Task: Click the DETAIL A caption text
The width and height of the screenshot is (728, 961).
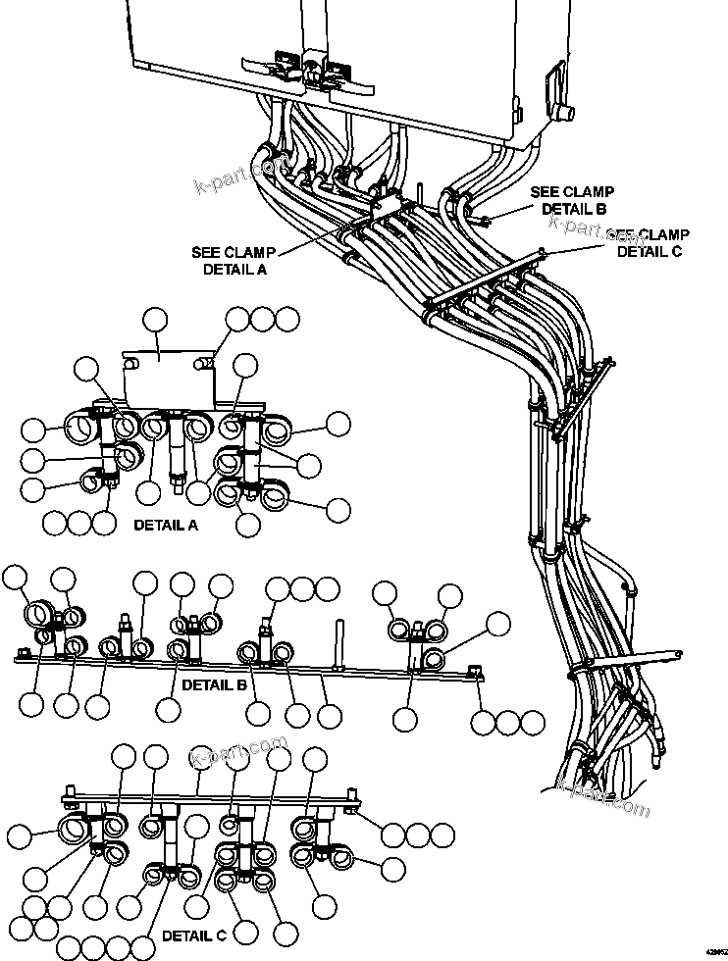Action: click(x=165, y=525)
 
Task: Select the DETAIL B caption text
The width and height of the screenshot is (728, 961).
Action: click(x=214, y=684)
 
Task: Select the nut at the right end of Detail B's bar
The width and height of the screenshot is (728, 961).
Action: click(x=475, y=671)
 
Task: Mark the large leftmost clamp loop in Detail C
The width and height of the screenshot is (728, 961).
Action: click(x=76, y=829)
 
